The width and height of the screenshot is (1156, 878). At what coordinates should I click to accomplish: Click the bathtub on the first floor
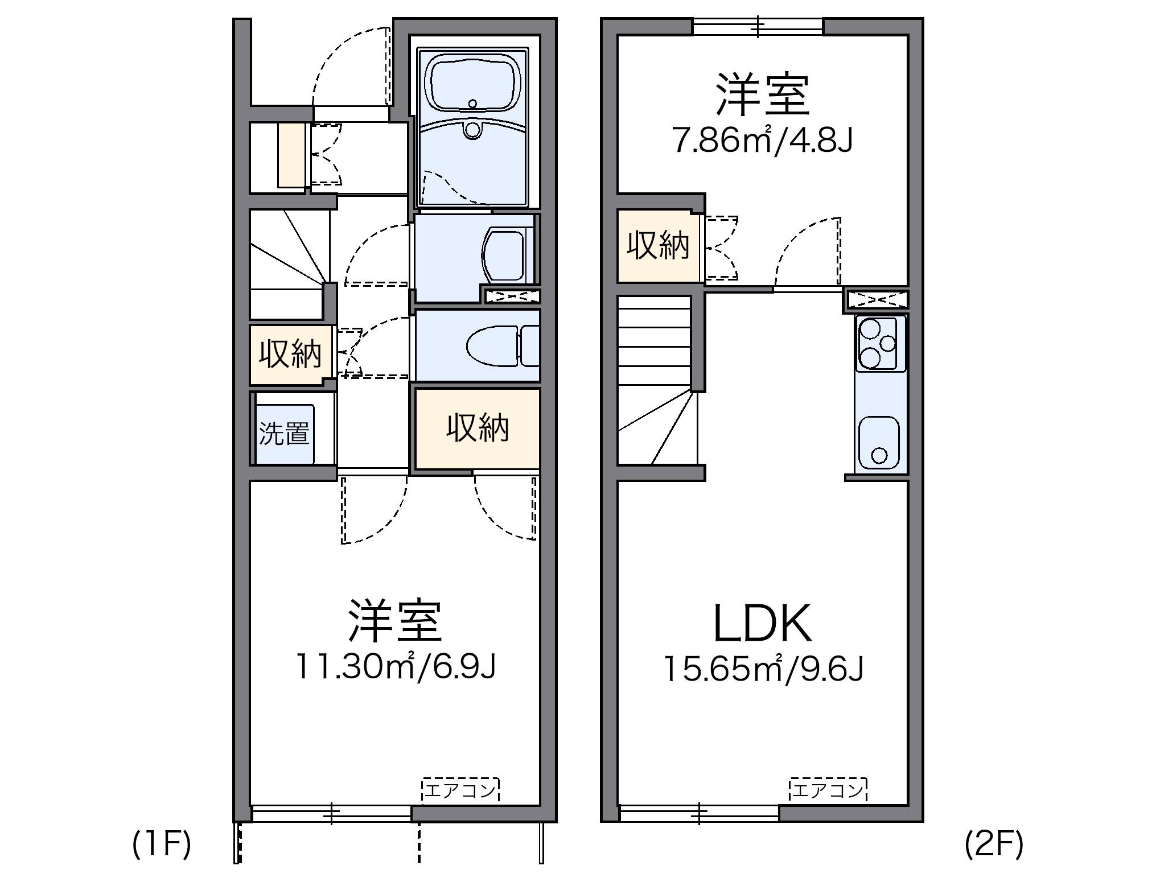coord(476,85)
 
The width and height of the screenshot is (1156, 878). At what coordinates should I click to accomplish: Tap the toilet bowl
coord(492,345)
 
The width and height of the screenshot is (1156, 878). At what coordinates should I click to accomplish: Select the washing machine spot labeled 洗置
coord(284,434)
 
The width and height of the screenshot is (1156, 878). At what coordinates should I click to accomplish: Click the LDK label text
coord(762,624)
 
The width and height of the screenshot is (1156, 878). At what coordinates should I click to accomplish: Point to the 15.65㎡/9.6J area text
coord(763,670)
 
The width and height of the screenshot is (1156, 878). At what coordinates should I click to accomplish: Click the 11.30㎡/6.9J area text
coord(396,667)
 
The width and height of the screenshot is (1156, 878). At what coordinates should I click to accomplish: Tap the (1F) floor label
coord(162,845)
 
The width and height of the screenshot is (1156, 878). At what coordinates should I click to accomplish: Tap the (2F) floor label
coord(994,845)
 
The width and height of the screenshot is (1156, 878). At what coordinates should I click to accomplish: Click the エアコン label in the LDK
coord(828,790)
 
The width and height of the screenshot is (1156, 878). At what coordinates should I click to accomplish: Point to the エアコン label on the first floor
coord(460,790)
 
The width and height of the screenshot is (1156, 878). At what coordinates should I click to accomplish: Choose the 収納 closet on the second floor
coord(659,246)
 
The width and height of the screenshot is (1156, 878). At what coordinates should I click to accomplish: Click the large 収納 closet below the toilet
coord(477,428)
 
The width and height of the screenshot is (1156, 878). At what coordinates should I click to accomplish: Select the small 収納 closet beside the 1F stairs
coord(290,354)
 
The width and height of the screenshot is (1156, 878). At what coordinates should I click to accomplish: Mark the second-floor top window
coord(758,26)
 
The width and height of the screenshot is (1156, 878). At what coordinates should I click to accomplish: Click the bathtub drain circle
coord(472,104)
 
